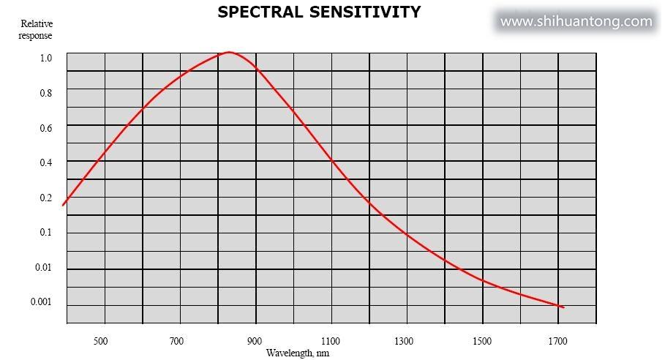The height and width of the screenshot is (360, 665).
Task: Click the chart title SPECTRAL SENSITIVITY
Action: [319, 12]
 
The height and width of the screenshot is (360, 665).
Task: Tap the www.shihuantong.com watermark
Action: [576, 21]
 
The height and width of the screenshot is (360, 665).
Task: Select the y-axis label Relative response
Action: [36, 29]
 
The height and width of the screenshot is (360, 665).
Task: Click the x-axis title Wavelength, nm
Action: [298, 353]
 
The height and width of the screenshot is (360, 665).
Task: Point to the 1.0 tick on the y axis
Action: [46, 58]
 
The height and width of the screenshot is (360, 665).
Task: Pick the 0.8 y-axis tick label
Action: [46, 93]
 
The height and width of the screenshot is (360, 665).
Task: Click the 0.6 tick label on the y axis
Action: [46, 128]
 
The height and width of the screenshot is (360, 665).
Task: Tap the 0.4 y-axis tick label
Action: [46, 163]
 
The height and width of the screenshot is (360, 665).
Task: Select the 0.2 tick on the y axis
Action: [46, 198]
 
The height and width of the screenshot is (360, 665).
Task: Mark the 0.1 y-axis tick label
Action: [45, 233]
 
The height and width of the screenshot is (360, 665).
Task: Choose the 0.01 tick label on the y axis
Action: [43, 268]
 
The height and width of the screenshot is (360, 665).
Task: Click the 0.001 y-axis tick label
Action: [41, 302]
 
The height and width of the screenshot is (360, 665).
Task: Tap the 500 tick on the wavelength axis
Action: [100, 341]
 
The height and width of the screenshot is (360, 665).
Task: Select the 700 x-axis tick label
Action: [176, 341]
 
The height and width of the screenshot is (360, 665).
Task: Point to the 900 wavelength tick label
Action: [255, 341]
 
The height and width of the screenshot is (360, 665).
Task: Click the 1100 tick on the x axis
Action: [331, 341]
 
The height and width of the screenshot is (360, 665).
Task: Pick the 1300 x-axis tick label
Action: [404, 341]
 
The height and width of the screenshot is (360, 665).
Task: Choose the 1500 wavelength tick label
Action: [482, 341]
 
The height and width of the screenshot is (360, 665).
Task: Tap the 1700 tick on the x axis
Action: [557, 341]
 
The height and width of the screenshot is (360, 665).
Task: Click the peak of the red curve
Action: [230, 52]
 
